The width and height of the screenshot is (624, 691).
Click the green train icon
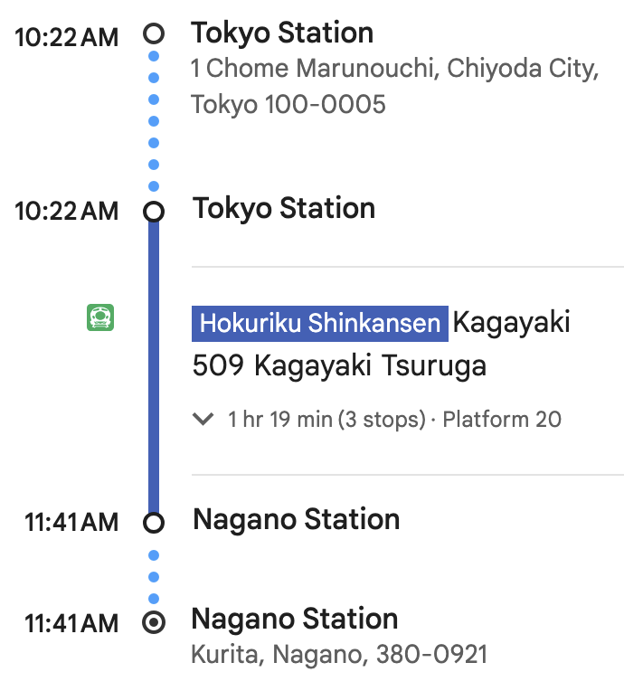[x=100, y=317]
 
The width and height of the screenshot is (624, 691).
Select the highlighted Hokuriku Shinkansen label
[x=320, y=323]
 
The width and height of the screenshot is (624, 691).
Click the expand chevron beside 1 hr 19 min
[x=203, y=420]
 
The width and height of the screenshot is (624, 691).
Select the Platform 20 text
[x=502, y=420]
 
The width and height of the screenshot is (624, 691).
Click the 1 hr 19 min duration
[x=282, y=420]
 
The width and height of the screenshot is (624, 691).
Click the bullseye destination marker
[x=155, y=622]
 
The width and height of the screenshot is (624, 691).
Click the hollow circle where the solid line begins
[x=155, y=212]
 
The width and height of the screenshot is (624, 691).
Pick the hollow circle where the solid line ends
[x=155, y=523]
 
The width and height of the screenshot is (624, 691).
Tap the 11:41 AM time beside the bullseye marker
[x=71, y=623]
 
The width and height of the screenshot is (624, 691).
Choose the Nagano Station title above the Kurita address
[x=295, y=620]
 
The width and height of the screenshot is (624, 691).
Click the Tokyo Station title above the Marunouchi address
[x=282, y=33]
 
